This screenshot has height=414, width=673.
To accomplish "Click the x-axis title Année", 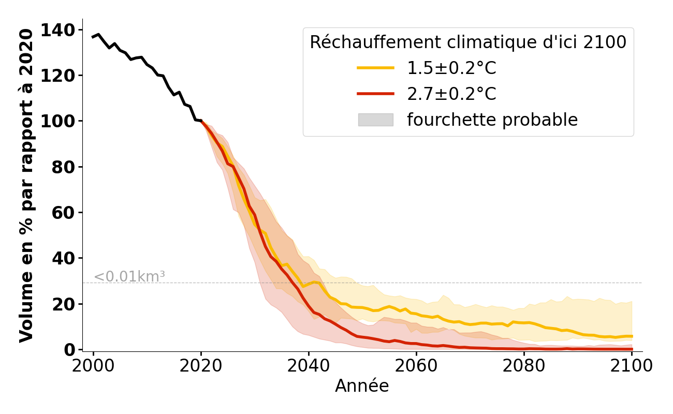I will pos(362,386).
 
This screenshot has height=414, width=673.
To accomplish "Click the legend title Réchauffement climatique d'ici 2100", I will pos(468,42).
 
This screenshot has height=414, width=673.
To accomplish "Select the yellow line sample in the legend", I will pos(375,68).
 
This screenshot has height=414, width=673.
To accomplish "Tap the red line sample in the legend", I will pos(375,94).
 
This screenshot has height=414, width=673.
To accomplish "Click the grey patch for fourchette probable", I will pos(375,120).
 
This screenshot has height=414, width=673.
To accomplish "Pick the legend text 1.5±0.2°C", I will pos(451,68).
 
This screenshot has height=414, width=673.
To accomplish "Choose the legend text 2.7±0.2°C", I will pos(451,94).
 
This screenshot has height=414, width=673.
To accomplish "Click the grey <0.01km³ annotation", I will pos(129,277).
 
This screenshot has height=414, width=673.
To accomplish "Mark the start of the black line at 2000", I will pos(93,37).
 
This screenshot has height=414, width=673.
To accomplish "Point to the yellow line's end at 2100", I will pos(632,336).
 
